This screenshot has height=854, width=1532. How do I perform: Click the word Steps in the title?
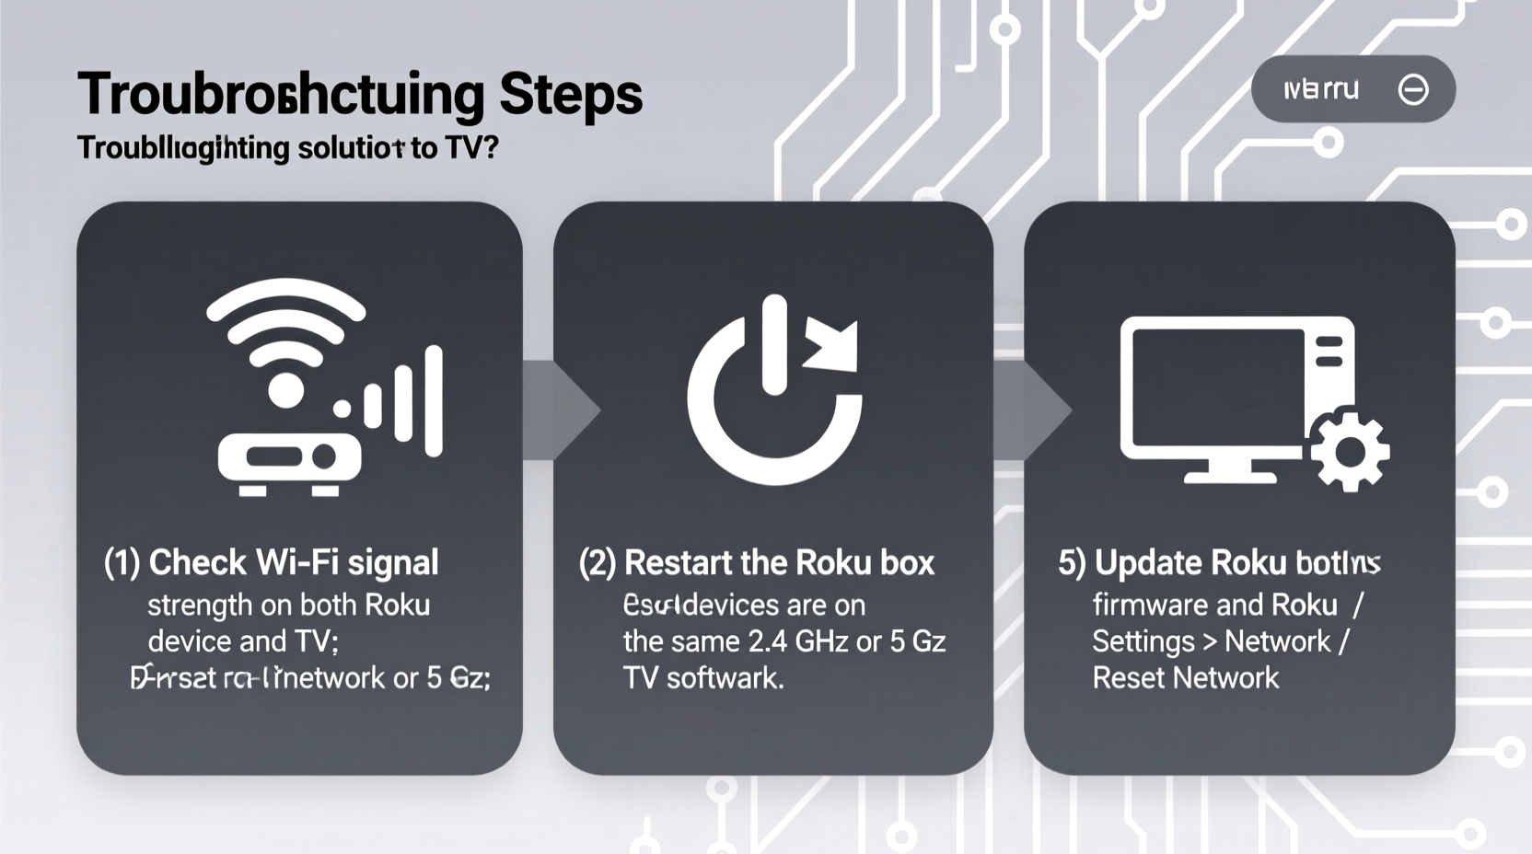(x=571, y=95)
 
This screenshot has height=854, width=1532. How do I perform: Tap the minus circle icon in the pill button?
(x=1412, y=89)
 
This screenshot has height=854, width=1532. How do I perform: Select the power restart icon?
(x=774, y=391)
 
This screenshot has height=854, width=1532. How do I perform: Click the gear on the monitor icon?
(x=1350, y=451)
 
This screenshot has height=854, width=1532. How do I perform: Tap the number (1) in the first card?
(x=122, y=562)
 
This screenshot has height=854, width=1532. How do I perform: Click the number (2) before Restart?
(x=597, y=562)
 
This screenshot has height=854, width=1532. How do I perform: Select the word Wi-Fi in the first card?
(x=294, y=562)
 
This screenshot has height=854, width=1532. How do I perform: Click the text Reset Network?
(x=1185, y=678)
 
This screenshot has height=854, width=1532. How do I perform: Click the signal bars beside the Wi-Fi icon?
(x=405, y=402)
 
